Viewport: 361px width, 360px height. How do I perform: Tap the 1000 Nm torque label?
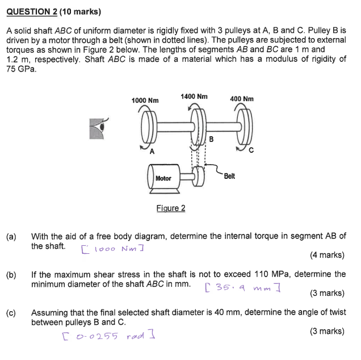tap(145, 101)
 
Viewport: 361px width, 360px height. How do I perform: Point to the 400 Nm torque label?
tap(242, 99)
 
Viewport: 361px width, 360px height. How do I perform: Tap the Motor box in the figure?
tap(163, 178)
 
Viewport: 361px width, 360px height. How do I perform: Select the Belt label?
tap(229, 176)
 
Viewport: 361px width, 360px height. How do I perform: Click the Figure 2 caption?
tap(171, 208)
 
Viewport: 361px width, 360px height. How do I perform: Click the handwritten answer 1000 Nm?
tap(112, 249)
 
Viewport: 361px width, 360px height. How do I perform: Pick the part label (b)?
tap(11, 274)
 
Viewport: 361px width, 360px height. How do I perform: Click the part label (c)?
tap(11, 313)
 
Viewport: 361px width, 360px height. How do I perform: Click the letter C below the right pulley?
tap(250, 152)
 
